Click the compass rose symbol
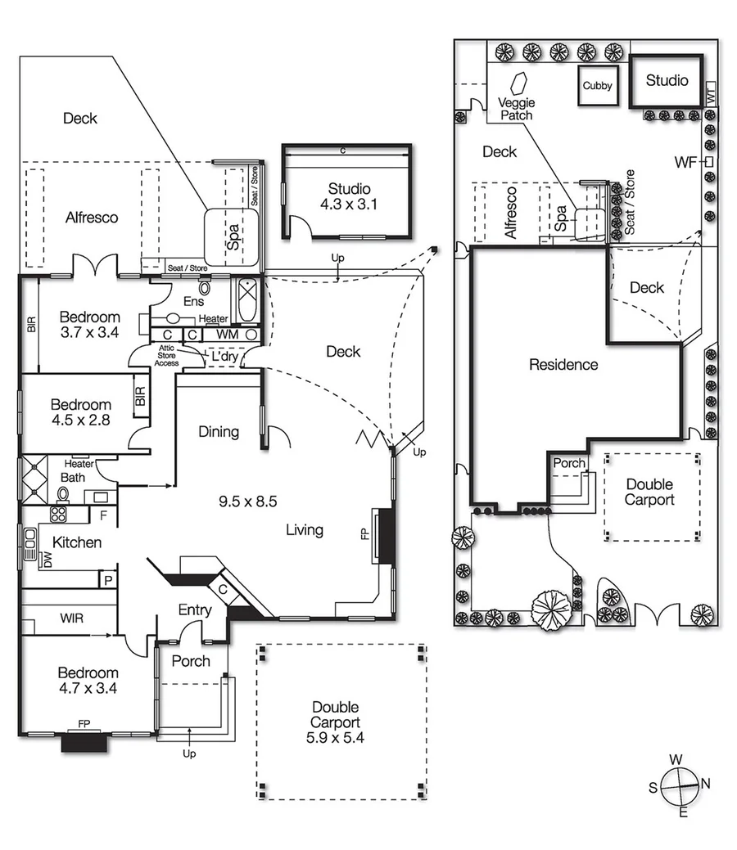pyautogui.click(x=676, y=785)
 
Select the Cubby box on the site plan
pyautogui.click(x=598, y=86)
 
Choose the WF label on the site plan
pyautogui.click(x=685, y=162)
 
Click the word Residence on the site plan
pyautogui.click(x=563, y=365)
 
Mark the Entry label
pyautogui.click(x=195, y=609)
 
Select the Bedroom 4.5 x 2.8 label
pyautogui.click(x=80, y=412)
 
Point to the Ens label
pyautogui.click(x=193, y=302)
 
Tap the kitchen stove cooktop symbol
pyautogui.click(x=59, y=514)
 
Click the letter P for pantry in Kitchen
pyautogui.click(x=107, y=579)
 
